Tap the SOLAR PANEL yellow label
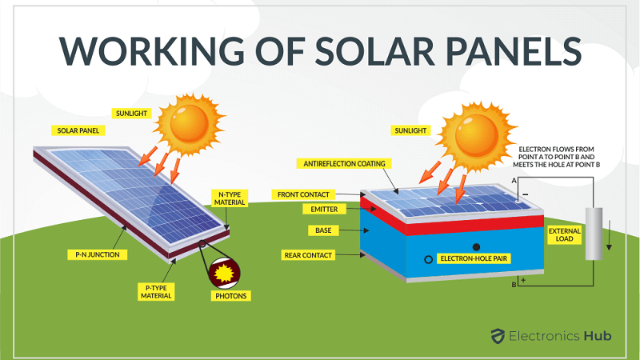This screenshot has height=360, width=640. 78,130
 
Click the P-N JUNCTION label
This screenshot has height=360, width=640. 90,254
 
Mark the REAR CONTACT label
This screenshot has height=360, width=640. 310,255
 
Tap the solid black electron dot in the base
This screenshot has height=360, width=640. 478,246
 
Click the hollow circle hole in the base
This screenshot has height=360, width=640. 430,259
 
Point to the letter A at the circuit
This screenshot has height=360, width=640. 514,182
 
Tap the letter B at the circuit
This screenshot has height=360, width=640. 514,284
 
